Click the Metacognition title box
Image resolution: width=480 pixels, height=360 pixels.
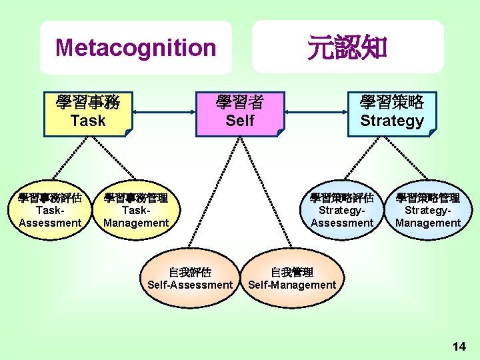[135, 47]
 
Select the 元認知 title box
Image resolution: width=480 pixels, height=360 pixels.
[347, 47]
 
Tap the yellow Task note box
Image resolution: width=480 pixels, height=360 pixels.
[88, 112]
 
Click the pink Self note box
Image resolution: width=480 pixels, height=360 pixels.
[240, 113]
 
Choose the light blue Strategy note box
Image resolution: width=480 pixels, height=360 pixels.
[392, 112]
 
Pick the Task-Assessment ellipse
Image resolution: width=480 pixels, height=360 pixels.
[50, 211]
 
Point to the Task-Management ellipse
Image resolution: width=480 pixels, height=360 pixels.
[136, 211]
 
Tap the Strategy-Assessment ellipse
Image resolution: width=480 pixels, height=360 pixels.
[342, 211]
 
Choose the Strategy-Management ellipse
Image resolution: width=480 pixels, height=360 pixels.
[428, 211]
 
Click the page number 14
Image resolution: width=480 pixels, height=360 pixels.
[459, 346]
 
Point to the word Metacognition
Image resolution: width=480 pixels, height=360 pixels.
[136, 48]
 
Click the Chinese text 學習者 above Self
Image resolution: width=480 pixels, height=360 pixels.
[240, 102]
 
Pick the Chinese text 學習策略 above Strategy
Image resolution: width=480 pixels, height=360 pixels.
[392, 102]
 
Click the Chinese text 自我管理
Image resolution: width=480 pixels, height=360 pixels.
[292, 272]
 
